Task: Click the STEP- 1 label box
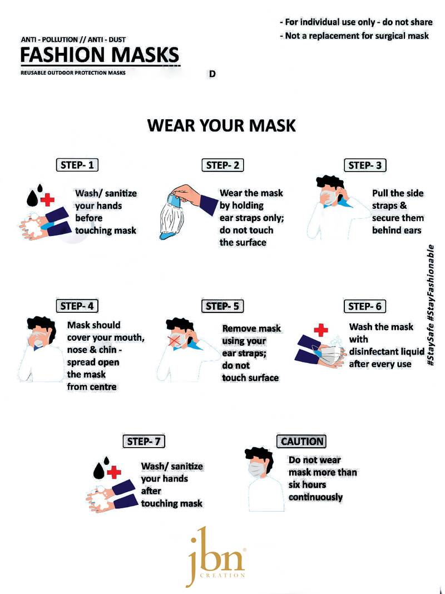point(77,165)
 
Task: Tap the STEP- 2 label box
point(222,165)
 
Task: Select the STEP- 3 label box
point(365,165)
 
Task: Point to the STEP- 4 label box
point(77,306)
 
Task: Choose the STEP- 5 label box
point(222,306)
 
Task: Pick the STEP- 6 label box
point(365,306)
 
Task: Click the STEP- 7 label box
point(144,441)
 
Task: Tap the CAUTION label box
point(301,441)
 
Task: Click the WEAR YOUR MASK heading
point(221,125)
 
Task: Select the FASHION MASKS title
point(100,55)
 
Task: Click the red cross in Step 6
point(321,330)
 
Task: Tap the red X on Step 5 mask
point(175,341)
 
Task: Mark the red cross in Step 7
point(114,473)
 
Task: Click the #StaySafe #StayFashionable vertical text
point(430,305)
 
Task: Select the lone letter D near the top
point(212,74)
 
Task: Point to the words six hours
point(307,485)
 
